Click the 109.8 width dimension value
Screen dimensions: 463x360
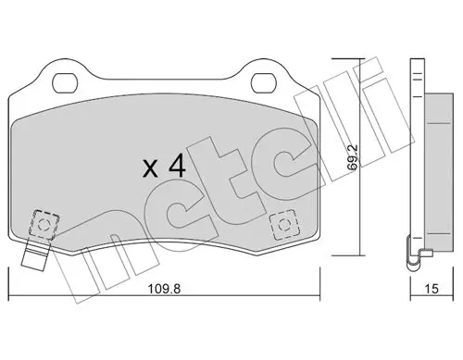[164, 289]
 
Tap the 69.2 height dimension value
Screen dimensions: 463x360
[352, 157]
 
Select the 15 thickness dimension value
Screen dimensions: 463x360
[432, 289]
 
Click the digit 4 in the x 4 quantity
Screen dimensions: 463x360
[177, 166]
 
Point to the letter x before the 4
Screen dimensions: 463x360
[150, 169]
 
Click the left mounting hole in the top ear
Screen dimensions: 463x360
[65, 83]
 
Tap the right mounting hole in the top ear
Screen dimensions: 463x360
[263, 83]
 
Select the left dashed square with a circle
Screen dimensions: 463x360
[44, 224]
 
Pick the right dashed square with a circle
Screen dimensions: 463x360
[284, 225]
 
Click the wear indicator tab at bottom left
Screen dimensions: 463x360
[35, 255]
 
